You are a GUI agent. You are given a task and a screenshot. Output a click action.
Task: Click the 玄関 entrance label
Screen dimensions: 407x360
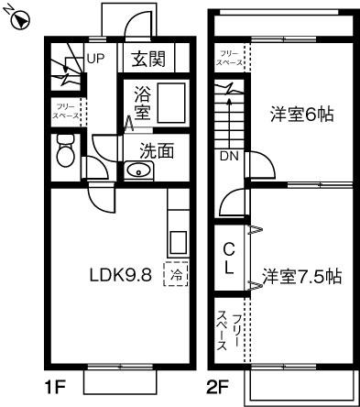point(148,60)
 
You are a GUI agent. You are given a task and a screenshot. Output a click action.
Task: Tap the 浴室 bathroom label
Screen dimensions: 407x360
point(142,103)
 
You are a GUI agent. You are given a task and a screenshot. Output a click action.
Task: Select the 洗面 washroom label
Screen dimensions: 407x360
point(154,149)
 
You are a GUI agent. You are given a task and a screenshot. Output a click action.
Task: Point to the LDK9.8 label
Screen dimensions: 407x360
point(119,274)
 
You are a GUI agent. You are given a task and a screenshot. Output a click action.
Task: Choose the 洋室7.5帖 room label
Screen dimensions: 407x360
point(301,275)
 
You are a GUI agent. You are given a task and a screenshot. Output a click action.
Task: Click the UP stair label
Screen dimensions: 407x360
point(95,60)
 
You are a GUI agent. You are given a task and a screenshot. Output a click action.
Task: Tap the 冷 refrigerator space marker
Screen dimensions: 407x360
point(174,273)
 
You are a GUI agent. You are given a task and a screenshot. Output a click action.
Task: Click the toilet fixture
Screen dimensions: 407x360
point(64,150)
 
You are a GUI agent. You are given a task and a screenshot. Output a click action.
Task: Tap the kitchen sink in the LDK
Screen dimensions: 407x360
point(177,242)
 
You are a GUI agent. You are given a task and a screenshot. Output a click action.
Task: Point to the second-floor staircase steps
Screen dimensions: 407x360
point(226,115)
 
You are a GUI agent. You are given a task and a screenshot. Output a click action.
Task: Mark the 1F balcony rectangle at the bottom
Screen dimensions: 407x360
point(121,381)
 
